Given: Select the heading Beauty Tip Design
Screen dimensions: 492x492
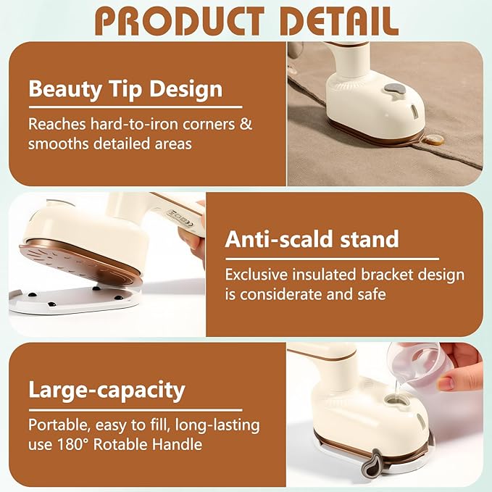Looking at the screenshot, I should (125, 91).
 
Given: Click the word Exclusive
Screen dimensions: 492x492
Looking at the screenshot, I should (257, 275).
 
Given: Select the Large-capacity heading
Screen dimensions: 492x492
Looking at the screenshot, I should (107, 390).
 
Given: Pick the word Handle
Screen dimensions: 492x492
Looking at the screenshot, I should (177, 444).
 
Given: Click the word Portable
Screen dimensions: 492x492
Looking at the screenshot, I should (58, 425).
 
